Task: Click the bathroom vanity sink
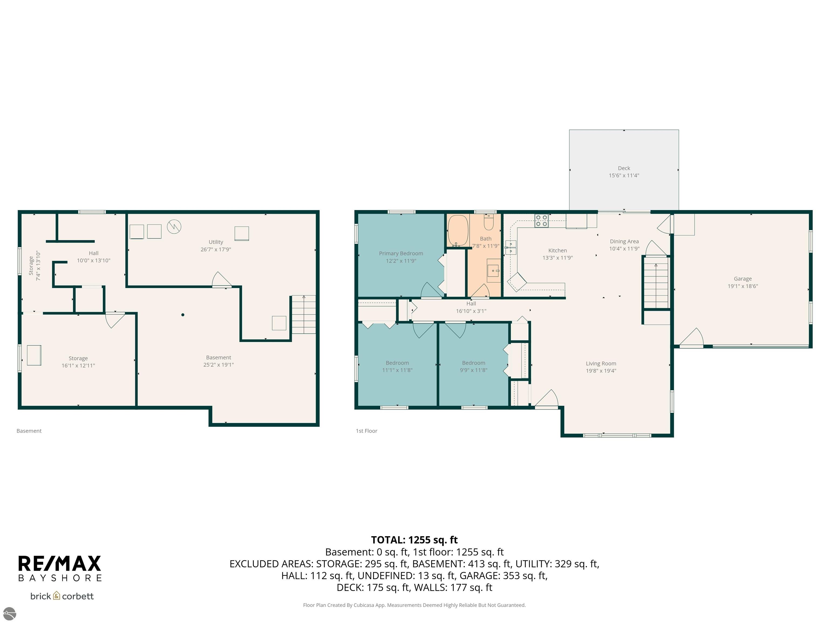click(x=493, y=270)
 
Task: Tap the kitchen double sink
click(x=511, y=248)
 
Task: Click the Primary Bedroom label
click(x=401, y=253)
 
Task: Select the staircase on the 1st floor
click(x=656, y=283)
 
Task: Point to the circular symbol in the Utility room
click(x=174, y=227)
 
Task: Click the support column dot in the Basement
click(x=182, y=315)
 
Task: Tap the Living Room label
click(x=601, y=363)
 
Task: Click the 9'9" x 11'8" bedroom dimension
click(x=473, y=370)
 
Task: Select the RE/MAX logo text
click(x=60, y=563)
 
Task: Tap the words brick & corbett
click(x=62, y=596)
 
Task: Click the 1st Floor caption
click(x=366, y=431)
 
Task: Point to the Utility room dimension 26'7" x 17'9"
click(x=216, y=249)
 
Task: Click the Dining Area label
click(x=624, y=241)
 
